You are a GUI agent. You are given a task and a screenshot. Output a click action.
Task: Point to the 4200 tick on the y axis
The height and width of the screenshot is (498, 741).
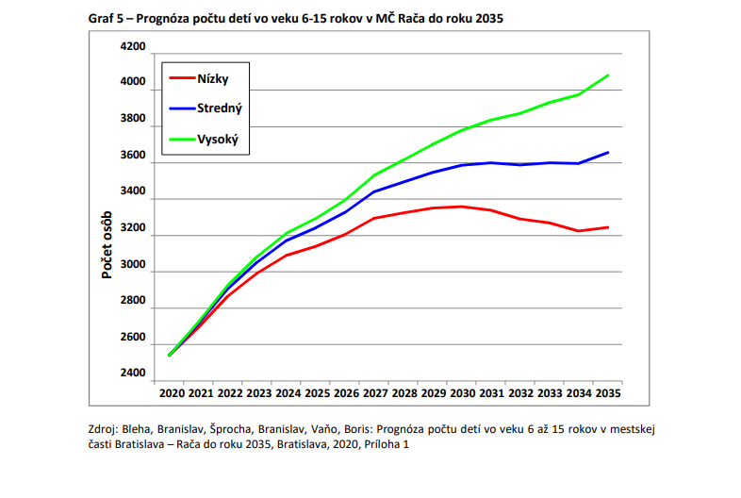[133, 47]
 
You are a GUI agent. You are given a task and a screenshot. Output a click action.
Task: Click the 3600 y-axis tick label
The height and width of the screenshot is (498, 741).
[133, 156]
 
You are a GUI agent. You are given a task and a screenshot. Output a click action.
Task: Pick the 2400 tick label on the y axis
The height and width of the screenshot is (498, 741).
[133, 373]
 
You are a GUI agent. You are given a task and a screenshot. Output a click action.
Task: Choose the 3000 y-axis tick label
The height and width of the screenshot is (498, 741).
[133, 265]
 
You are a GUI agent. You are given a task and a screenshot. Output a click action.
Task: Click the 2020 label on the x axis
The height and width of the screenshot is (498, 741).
[171, 392]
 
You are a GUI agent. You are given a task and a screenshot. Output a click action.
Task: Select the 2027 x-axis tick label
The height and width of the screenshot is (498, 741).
[375, 392]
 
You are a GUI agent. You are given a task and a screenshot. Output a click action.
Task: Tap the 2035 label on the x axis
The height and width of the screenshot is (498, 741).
[608, 392]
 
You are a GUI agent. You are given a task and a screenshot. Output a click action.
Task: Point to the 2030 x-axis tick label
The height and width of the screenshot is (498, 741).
[463, 392]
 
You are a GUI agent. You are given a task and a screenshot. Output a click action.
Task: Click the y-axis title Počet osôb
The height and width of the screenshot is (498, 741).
[107, 245]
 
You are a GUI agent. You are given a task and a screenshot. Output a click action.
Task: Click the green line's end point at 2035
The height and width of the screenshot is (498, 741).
[608, 75]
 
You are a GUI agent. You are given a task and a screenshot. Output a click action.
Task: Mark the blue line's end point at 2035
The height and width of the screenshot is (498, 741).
[608, 152]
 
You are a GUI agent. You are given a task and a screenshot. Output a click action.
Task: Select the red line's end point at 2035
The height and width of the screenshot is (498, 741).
[608, 227]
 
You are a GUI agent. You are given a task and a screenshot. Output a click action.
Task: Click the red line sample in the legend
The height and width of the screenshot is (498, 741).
[179, 78]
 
